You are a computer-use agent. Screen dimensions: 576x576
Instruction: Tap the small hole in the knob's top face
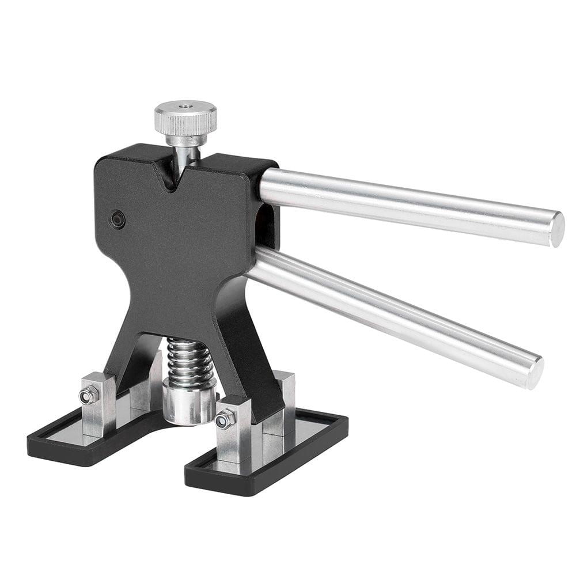pyautogui.click(x=185, y=107)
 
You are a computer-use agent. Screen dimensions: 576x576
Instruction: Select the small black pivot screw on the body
pyautogui.click(x=118, y=219)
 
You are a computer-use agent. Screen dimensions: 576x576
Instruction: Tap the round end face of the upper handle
pyautogui.click(x=556, y=229)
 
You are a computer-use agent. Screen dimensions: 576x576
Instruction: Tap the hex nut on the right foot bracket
pyautogui.click(x=224, y=419)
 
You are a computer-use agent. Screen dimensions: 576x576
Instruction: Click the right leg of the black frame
pyautogui.click(x=253, y=369)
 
